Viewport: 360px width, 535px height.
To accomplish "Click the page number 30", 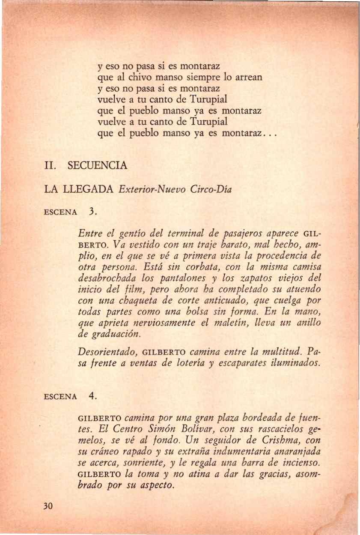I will click(47, 506).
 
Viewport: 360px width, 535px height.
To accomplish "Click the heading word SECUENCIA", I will click(98, 166).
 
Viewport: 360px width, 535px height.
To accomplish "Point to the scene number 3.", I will click(92, 211).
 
